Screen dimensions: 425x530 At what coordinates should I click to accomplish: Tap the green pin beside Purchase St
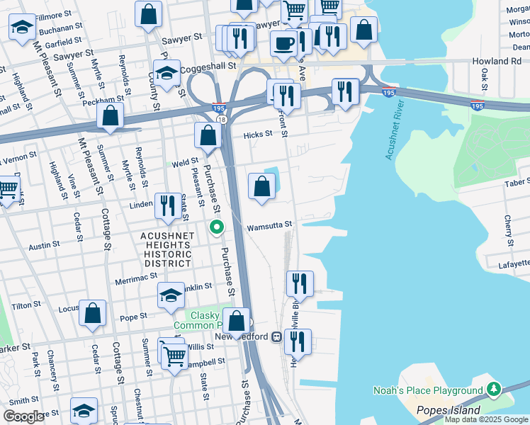(217, 227)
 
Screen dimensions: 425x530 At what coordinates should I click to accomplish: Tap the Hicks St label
(258, 135)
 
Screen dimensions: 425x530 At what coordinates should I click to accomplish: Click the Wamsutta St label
(269, 225)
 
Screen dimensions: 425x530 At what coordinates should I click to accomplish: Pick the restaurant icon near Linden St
(167, 205)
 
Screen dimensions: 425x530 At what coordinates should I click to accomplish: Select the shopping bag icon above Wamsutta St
(261, 187)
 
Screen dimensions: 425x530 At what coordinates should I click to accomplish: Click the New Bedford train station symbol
(277, 336)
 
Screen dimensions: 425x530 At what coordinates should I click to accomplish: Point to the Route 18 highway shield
(222, 120)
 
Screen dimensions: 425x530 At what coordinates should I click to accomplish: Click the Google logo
(23, 416)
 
